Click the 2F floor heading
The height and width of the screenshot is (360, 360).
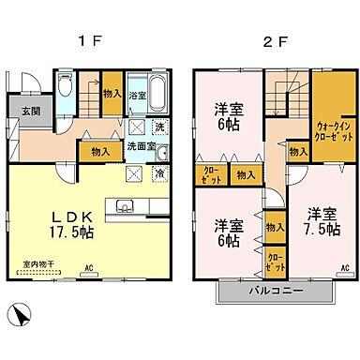pyautogui.click(x=269, y=42)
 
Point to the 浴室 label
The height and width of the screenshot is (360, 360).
pyautogui.click(x=137, y=95)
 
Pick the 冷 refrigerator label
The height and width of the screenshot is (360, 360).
pyautogui.click(x=160, y=174)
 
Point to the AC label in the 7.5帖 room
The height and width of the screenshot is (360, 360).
pyautogui.click(x=343, y=269)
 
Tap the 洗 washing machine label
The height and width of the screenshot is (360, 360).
pyautogui.click(x=160, y=127)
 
